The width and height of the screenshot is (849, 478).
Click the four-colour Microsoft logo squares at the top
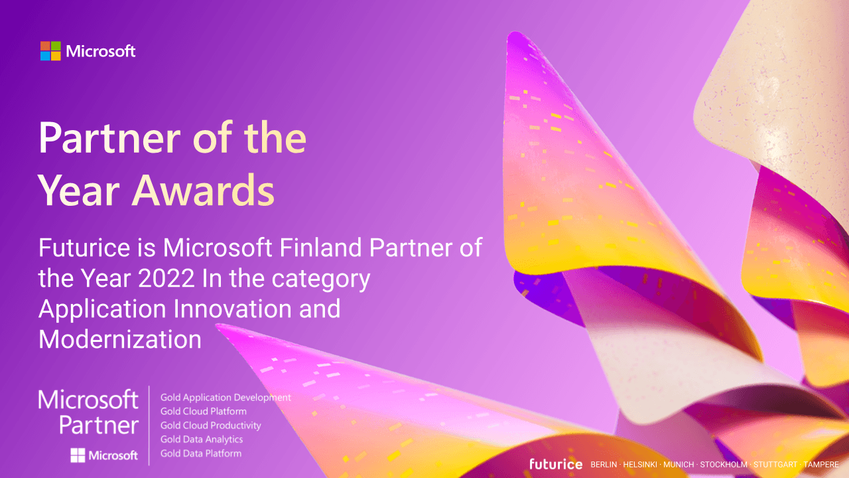click(x=50, y=51)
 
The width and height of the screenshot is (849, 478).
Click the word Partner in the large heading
click(x=109, y=138)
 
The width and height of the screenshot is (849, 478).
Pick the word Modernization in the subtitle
click(x=120, y=339)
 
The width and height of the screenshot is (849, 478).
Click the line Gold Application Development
click(x=226, y=398)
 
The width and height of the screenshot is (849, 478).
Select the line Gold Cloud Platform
click(x=204, y=412)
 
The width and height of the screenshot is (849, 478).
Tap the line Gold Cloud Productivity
click(x=211, y=426)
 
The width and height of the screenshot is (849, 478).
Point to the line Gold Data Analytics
click(x=202, y=439)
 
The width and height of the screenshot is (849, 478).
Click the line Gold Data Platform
click(x=201, y=453)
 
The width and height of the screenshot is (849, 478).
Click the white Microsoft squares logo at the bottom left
click(x=78, y=455)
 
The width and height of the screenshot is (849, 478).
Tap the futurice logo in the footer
click(x=556, y=464)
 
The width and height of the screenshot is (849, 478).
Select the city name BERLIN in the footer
click(x=604, y=465)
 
